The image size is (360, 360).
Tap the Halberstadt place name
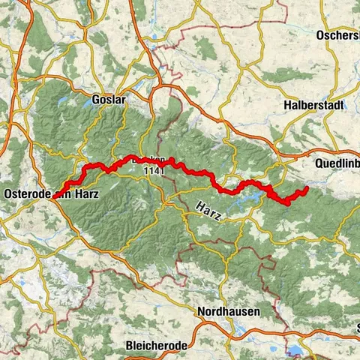[313, 106]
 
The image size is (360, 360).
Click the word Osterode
[27, 194]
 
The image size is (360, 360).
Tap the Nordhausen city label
[228, 311]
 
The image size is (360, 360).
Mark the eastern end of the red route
[307, 189]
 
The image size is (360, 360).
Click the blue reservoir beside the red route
[262, 196]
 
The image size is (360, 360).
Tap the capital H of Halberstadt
[288, 106]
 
